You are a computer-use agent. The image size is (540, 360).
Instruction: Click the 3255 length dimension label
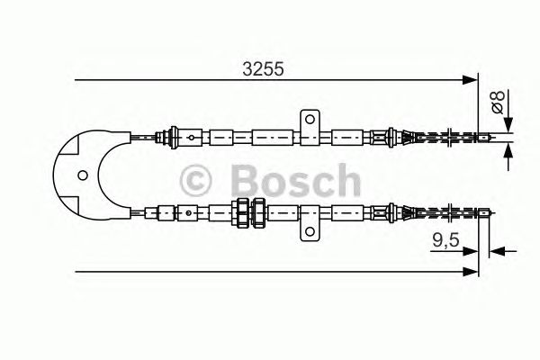pos(263,69)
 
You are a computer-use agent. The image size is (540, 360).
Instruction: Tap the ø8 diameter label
pos(499,102)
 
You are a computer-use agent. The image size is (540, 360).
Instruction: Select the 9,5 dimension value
pos(446,239)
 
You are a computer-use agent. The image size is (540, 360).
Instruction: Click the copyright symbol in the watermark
pos(195,181)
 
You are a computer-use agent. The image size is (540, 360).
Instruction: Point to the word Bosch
pos(296,180)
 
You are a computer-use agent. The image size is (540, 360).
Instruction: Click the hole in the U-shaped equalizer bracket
pos(83,175)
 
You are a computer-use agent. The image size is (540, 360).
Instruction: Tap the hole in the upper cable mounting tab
pos(310,119)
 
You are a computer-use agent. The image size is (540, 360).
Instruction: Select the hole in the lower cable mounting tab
pos(310,231)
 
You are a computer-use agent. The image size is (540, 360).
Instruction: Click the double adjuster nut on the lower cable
pos(248,212)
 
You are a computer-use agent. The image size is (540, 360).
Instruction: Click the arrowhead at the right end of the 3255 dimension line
pos(470,80)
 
